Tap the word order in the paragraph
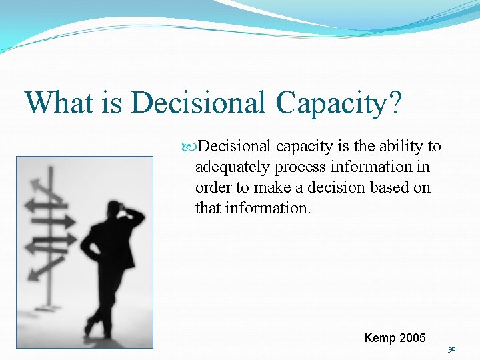coord(212,187)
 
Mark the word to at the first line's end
coord(434,147)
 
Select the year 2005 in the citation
coord(411,338)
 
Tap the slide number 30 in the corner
coord(453,349)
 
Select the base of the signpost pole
coord(48,307)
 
